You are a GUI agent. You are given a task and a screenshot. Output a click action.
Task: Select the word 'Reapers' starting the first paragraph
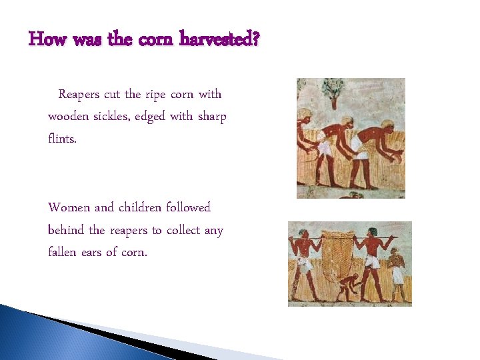point(79,95)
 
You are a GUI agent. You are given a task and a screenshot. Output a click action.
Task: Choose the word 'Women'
point(65,207)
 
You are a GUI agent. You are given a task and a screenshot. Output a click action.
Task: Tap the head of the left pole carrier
point(304,235)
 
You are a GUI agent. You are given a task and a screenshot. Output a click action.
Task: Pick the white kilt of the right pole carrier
point(372,261)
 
